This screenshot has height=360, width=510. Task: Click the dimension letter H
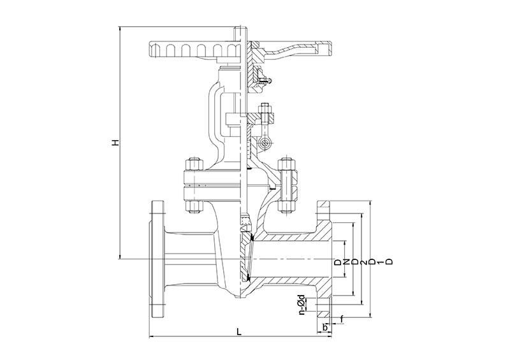pos(115,143)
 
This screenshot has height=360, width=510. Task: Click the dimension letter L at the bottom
pos(240,332)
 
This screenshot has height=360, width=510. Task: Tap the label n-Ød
pos(302,305)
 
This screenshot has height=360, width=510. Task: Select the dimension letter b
pos(324,327)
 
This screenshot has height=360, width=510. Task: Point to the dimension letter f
pos(342,320)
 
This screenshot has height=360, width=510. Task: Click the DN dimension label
pos(342,262)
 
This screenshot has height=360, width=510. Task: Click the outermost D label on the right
pos(389,261)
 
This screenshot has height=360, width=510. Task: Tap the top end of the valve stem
pos(240,28)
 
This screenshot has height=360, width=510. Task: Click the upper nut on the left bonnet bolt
pos(194,164)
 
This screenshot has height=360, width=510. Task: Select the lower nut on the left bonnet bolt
pos(194,206)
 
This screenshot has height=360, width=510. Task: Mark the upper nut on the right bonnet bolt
pos(286,164)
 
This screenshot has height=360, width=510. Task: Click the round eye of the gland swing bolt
pos(265,143)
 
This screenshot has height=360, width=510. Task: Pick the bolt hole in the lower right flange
pos(324,305)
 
